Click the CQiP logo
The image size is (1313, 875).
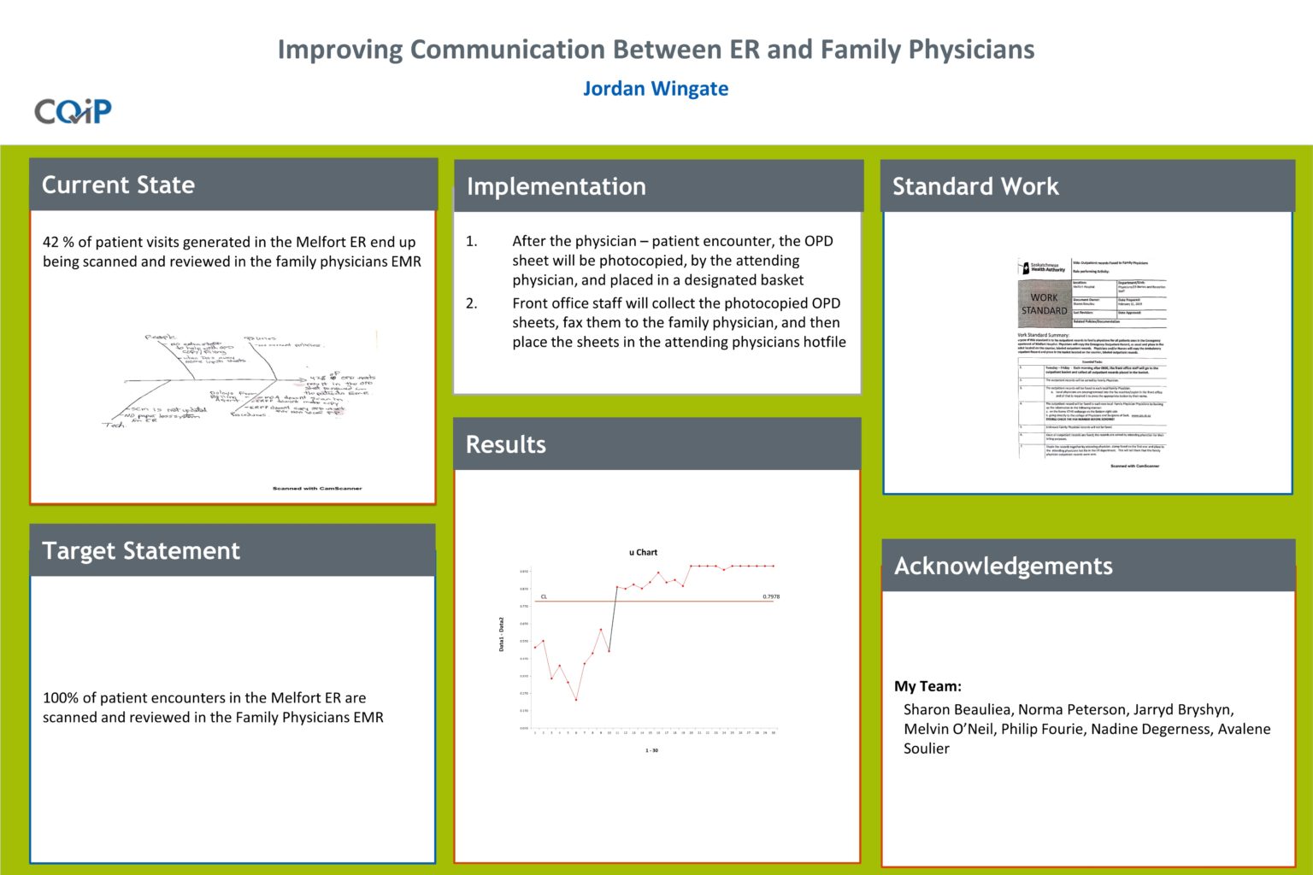tap(73, 111)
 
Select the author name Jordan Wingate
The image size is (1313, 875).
tap(656, 89)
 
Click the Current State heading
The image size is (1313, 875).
tap(118, 185)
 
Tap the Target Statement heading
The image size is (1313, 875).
tap(141, 551)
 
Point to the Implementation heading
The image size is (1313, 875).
tap(556, 186)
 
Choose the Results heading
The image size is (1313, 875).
tap(505, 444)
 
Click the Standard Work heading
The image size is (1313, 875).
tap(975, 186)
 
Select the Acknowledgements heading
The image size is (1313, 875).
tap(1003, 566)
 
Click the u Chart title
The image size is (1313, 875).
tap(643, 552)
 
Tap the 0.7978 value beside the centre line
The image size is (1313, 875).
tap(770, 596)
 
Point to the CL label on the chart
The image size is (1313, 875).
tap(544, 596)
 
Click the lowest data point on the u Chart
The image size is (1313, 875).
tap(576, 700)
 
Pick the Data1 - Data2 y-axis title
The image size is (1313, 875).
tap(502, 634)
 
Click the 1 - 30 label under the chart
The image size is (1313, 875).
tap(651, 750)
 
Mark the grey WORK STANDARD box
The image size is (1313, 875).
tap(1044, 304)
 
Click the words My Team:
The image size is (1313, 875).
tap(927, 686)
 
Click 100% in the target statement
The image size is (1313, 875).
tap(61, 698)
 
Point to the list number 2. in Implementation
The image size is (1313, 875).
tap(471, 303)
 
